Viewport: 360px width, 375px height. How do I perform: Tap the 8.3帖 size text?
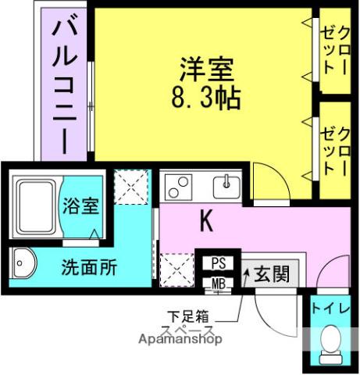pos(205,98)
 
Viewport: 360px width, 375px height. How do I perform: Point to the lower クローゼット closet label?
pos(335,136)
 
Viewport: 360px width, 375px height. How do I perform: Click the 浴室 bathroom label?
pos(80,207)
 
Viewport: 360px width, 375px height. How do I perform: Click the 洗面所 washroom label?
pos(89,266)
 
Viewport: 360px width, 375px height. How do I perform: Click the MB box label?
pos(218,284)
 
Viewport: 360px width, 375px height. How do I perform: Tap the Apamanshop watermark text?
pos(180,339)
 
